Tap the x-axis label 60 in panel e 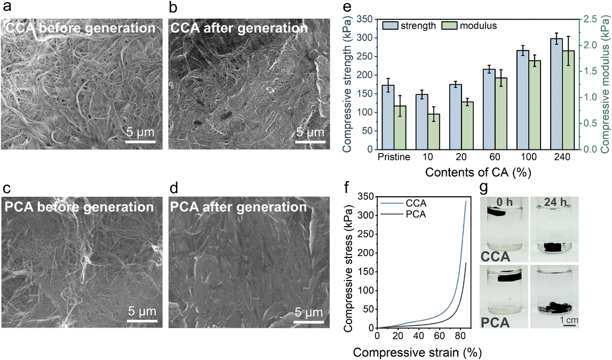coord(496,157)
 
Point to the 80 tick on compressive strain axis coord(439,335)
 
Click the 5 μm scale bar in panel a coord(140,142)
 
